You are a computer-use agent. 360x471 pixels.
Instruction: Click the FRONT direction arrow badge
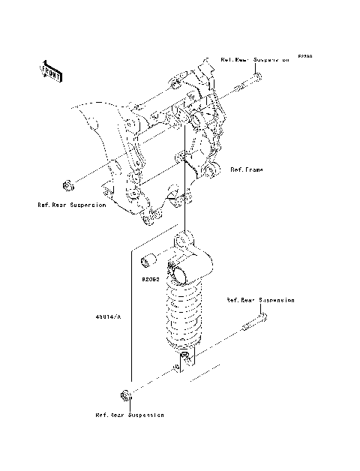click(x=51, y=70)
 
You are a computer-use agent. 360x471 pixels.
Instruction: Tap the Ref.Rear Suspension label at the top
click(x=254, y=58)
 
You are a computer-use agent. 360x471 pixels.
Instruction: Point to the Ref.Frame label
click(x=247, y=170)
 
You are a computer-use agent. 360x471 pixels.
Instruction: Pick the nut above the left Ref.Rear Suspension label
click(x=67, y=184)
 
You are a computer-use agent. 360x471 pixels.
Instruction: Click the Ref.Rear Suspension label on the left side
click(x=72, y=205)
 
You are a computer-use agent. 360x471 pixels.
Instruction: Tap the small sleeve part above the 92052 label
click(x=147, y=261)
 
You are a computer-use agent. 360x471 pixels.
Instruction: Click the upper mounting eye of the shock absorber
click(x=186, y=241)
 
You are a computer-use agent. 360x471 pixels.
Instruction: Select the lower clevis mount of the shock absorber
click(x=184, y=358)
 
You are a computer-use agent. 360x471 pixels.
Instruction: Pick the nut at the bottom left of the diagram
click(x=125, y=395)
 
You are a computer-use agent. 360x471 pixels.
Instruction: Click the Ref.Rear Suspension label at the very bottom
click(x=129, y=415)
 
